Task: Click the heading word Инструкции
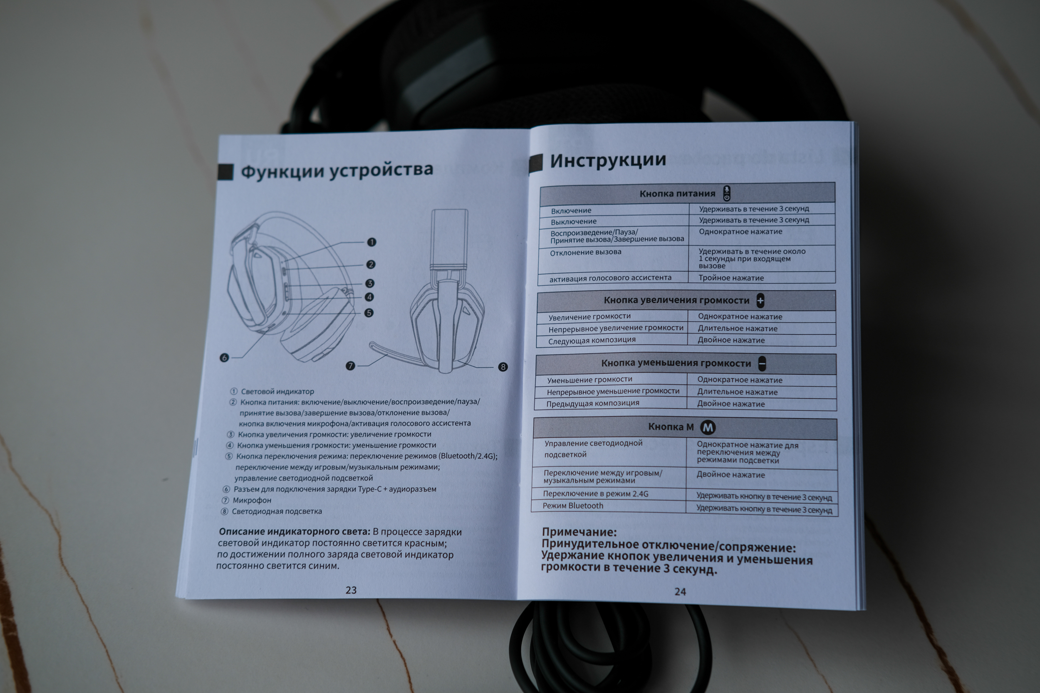tap(607, 160)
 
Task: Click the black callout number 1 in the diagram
tap(371, 242)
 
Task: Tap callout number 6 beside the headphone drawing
tap(224, 358)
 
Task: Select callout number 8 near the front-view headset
tap(503, 367)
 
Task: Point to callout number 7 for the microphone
tap(350, 365)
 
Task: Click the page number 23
tap(351, 590)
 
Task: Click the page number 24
tap(680, 591)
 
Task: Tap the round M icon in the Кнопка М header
tap(708, 427)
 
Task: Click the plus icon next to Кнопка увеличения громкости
tap(760, 301)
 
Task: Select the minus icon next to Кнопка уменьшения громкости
tap(762, 363)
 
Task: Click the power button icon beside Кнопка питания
tap(726, 193)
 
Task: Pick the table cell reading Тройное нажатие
tap(731, 278)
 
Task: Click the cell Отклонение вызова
tap(585, 252)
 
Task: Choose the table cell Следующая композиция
tap(592, 340)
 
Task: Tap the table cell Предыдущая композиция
tap(592, 404)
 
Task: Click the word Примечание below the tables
tap(579, 532)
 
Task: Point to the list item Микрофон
tap(252, 500)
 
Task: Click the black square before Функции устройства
tap(225, 172)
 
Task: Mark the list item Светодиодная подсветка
tap(277, 511)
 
